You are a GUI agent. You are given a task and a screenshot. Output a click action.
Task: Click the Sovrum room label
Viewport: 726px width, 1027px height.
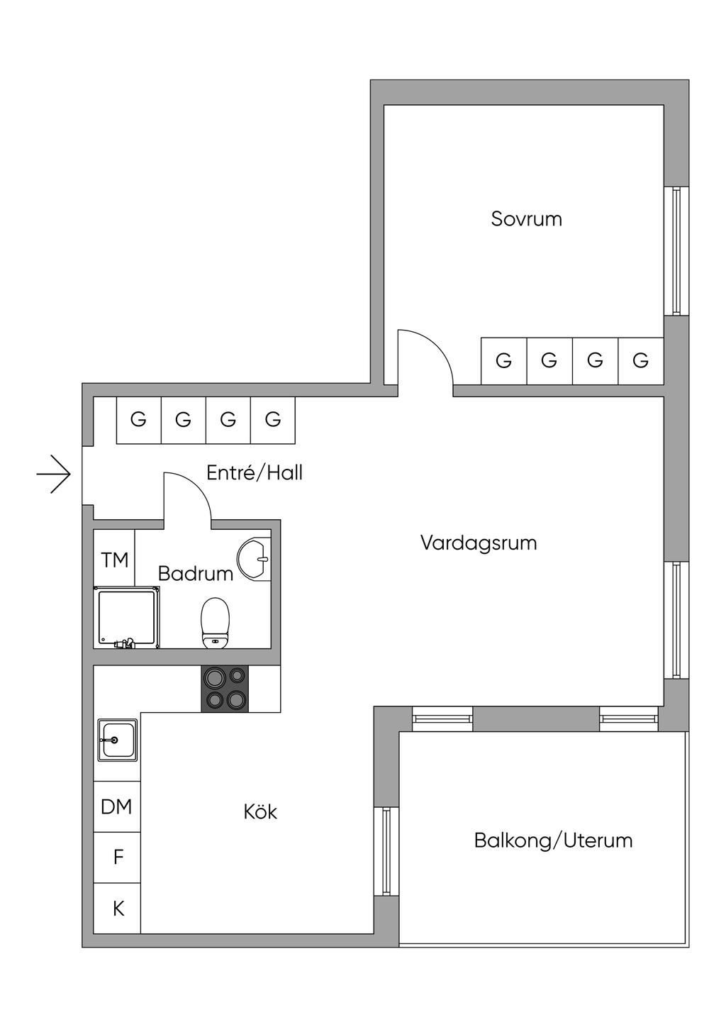[x=526, y=219]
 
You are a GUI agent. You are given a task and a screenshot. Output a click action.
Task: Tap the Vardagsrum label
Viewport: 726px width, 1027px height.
[x=479, y=543]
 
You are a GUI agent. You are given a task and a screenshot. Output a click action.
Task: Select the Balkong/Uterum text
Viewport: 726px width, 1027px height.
[x=553, y=840]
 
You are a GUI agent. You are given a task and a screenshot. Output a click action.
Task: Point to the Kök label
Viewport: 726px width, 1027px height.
[x=260, y=811]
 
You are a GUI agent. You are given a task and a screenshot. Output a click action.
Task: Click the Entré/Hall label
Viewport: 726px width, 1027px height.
[x=255, y=472]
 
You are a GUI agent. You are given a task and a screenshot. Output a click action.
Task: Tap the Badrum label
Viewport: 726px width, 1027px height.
[x=196, y=574]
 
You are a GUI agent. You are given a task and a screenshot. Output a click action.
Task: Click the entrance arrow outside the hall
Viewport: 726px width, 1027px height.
[x=54, y=474]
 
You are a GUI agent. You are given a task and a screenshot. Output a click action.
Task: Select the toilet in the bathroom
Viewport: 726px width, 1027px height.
[x=215, y=623]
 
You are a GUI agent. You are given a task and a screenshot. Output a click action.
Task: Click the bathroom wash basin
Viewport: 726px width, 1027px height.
[x=255, y=558]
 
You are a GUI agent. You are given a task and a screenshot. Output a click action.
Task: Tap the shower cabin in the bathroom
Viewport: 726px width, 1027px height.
[x=126, y=617]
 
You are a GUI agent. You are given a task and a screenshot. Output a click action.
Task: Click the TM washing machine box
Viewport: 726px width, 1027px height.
[x=114, y=558]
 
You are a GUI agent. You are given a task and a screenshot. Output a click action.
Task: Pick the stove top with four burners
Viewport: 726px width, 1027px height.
[x=225, y=689]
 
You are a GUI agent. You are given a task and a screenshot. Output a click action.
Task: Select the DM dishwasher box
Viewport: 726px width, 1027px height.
[x=117, y=806]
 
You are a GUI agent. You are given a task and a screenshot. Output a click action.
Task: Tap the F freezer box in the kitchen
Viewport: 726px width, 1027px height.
[x=117, y=857]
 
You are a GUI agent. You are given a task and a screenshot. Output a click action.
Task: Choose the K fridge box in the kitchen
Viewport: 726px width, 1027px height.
[x=117, y=909]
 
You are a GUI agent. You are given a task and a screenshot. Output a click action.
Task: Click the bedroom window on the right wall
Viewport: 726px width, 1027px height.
[x=676, y=251]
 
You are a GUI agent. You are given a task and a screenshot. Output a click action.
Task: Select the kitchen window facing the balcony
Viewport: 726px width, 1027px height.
[x=386, y=851]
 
